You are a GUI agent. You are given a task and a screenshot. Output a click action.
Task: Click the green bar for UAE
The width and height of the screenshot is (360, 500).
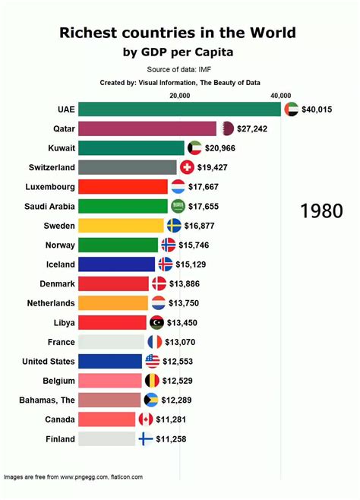tap(179, 109)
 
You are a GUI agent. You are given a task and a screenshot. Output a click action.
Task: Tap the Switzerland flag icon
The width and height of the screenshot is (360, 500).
tap(188, 167)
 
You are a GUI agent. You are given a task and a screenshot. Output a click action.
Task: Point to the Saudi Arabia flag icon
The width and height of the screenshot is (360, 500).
tap(178, 206)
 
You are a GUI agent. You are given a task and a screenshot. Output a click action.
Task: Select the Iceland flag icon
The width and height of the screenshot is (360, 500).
tap(166, 264)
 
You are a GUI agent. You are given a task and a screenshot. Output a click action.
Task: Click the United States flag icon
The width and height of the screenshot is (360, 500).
tap(152, 361)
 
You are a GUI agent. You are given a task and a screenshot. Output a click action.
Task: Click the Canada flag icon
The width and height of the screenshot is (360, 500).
tap(146, 419)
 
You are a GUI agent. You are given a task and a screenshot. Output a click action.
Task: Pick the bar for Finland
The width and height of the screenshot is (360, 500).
tap(106, 438)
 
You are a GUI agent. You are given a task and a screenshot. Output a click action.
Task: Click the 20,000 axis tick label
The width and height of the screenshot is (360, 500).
tap(180, 95)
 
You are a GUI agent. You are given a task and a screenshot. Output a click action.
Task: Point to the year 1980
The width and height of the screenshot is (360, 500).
tap(321, 211)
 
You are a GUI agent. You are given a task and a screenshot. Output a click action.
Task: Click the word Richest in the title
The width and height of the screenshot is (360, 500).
tap(90, 33)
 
